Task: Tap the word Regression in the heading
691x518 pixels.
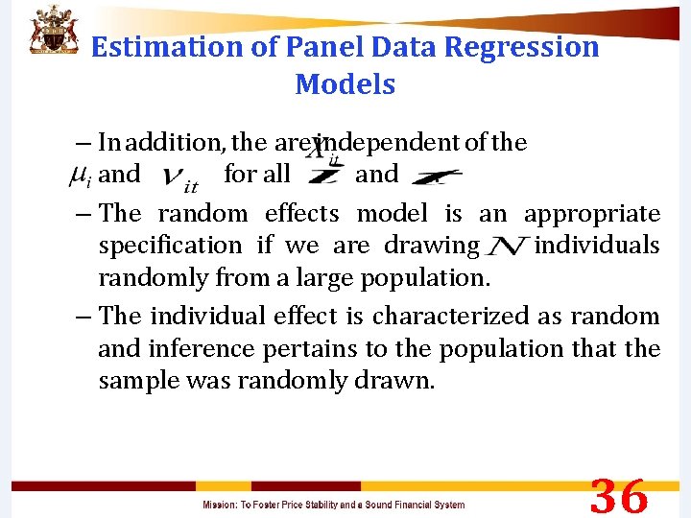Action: pyautogui.click(x=519, y=47)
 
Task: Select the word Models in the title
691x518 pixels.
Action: pyautogui.click(x=345, y=84)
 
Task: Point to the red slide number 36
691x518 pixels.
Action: pyautogui.click(x=619, y=497)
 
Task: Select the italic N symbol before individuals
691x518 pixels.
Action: pyautogui.click(x=505, y=247)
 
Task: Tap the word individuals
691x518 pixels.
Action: pyautogui.click(x=596, y=246)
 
